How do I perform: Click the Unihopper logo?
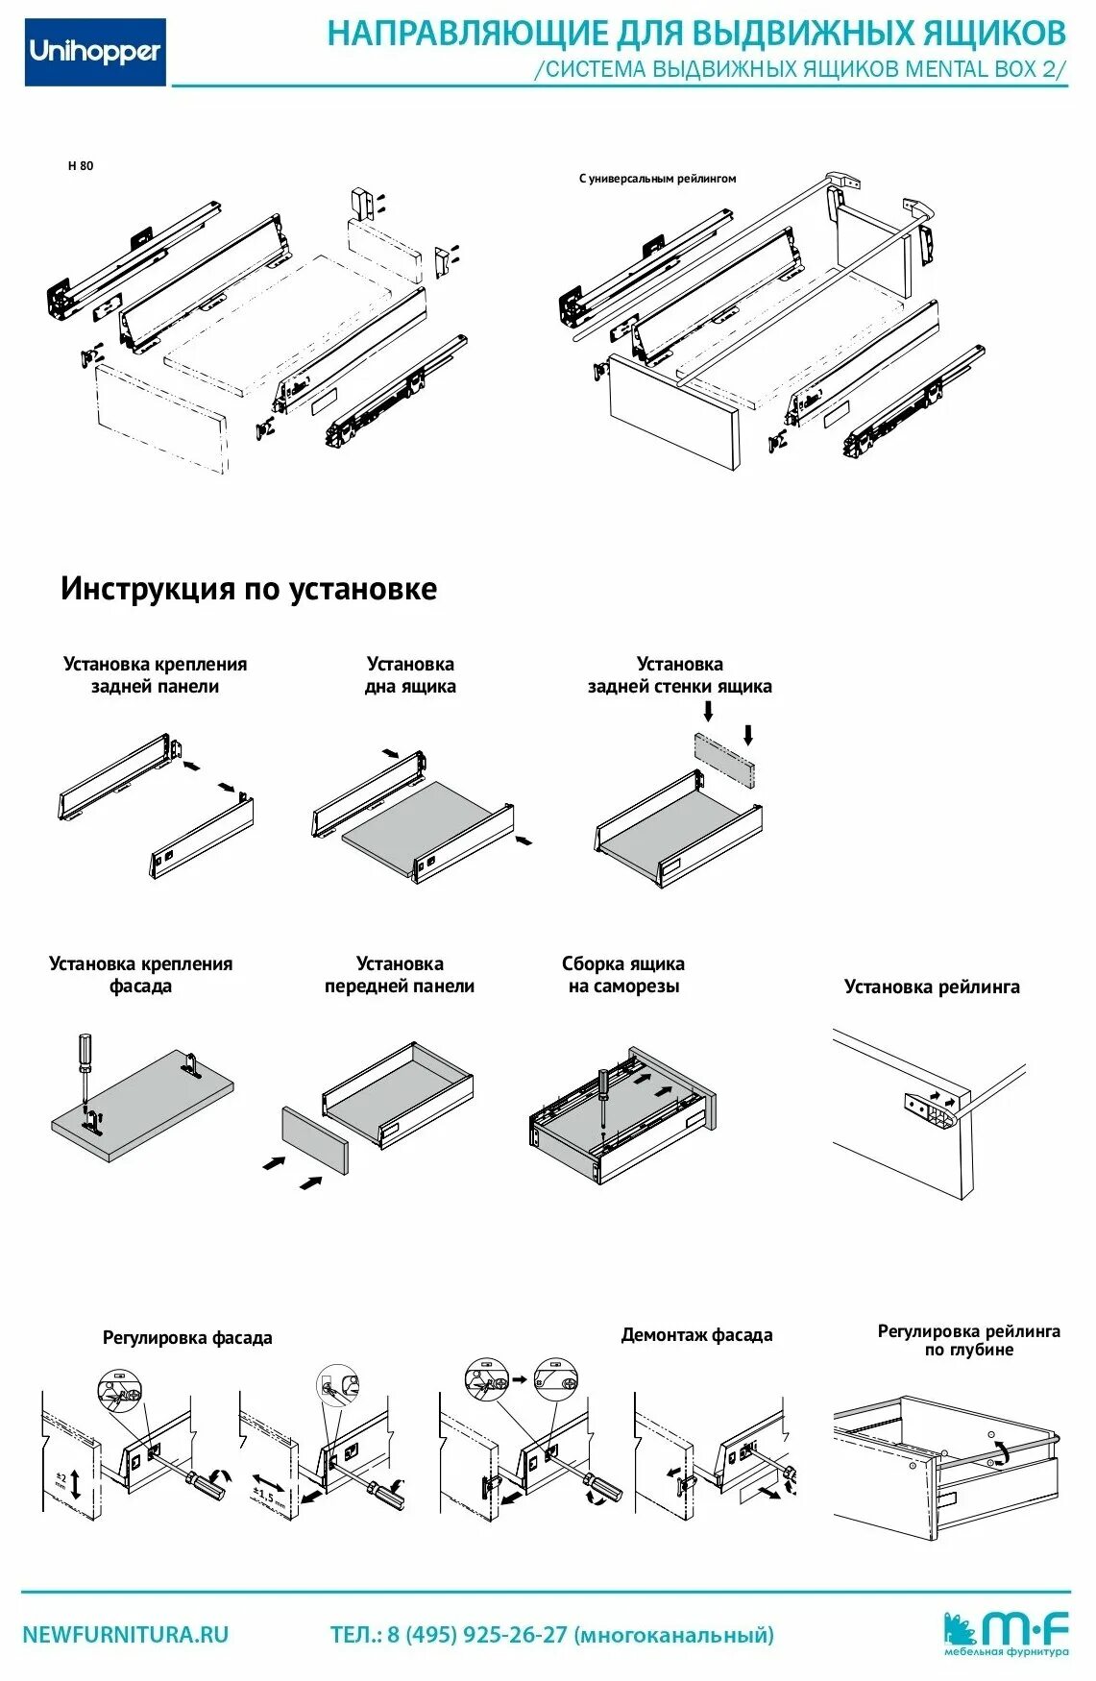click(95, 52)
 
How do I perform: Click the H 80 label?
click(81, 165)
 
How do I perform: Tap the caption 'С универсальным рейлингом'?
click(657, 178)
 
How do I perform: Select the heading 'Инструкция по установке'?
click(248, 588)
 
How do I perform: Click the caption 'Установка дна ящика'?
click(410, 674)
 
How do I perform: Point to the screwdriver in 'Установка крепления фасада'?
click(85, 1066)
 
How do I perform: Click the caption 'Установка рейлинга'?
click(931, 987)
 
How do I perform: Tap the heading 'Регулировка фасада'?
click(187, 1337)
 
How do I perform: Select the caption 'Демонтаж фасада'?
click(696, 1334)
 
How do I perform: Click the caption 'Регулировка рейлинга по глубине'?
click(968, 1340)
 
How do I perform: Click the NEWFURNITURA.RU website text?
click(126, 1634)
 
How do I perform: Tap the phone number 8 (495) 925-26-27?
click(477, 1634)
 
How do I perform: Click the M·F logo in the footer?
click(1007, 1632)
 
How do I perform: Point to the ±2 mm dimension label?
click(60, 1480)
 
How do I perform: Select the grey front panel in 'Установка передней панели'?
click(314, 1140)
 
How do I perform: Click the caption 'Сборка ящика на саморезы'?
click(622, 974)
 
